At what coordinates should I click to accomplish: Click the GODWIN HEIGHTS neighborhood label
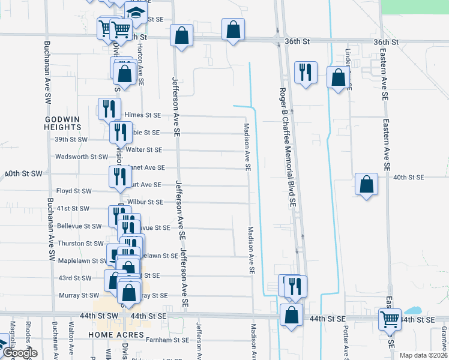pos(62,123)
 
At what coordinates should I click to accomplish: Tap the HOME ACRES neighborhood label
pos(116,334)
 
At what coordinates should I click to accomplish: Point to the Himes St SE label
pos(142,115)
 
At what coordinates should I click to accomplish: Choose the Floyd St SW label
pos(74,191)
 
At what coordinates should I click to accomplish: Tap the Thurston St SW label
pos(80,244)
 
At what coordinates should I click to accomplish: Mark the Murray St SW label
pos(79,295)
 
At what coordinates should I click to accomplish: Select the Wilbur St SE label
pos(145,202)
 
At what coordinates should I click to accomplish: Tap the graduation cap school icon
pos(136,14)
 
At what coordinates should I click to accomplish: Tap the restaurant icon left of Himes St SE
pos(109,109)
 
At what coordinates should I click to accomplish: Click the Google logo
pos(20,353)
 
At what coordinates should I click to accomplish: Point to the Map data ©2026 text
pos(423,355)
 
